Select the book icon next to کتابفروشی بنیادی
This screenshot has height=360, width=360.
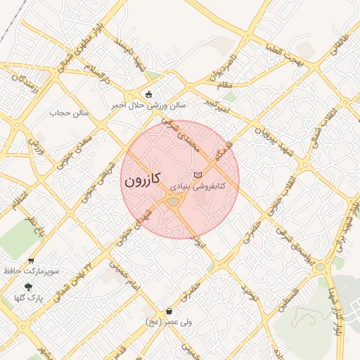[198, 174]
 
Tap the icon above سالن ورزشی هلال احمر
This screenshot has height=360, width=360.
[148, 94]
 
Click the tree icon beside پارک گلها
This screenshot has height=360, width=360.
[28, 287]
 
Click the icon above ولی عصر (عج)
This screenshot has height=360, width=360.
[169, 311]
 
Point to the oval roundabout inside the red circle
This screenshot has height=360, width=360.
[173, 202]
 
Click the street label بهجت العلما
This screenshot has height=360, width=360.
[284, 56]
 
